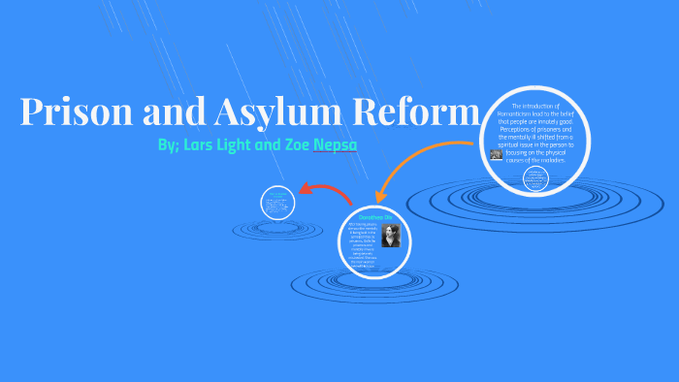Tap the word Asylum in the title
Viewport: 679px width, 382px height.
[x=271, y=113]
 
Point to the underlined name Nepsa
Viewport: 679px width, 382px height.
[x=333, y=145]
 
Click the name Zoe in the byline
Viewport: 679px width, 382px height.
[x=293, y=145]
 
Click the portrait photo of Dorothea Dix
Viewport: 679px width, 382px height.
[x=390, y=236]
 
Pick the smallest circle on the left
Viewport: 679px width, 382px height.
[x=277, y=204]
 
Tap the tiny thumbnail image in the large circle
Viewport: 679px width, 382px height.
[x=496, y=153]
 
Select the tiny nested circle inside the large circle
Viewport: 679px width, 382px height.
[x=532, y=176]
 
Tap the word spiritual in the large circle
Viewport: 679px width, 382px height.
[x=514, y=144]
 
